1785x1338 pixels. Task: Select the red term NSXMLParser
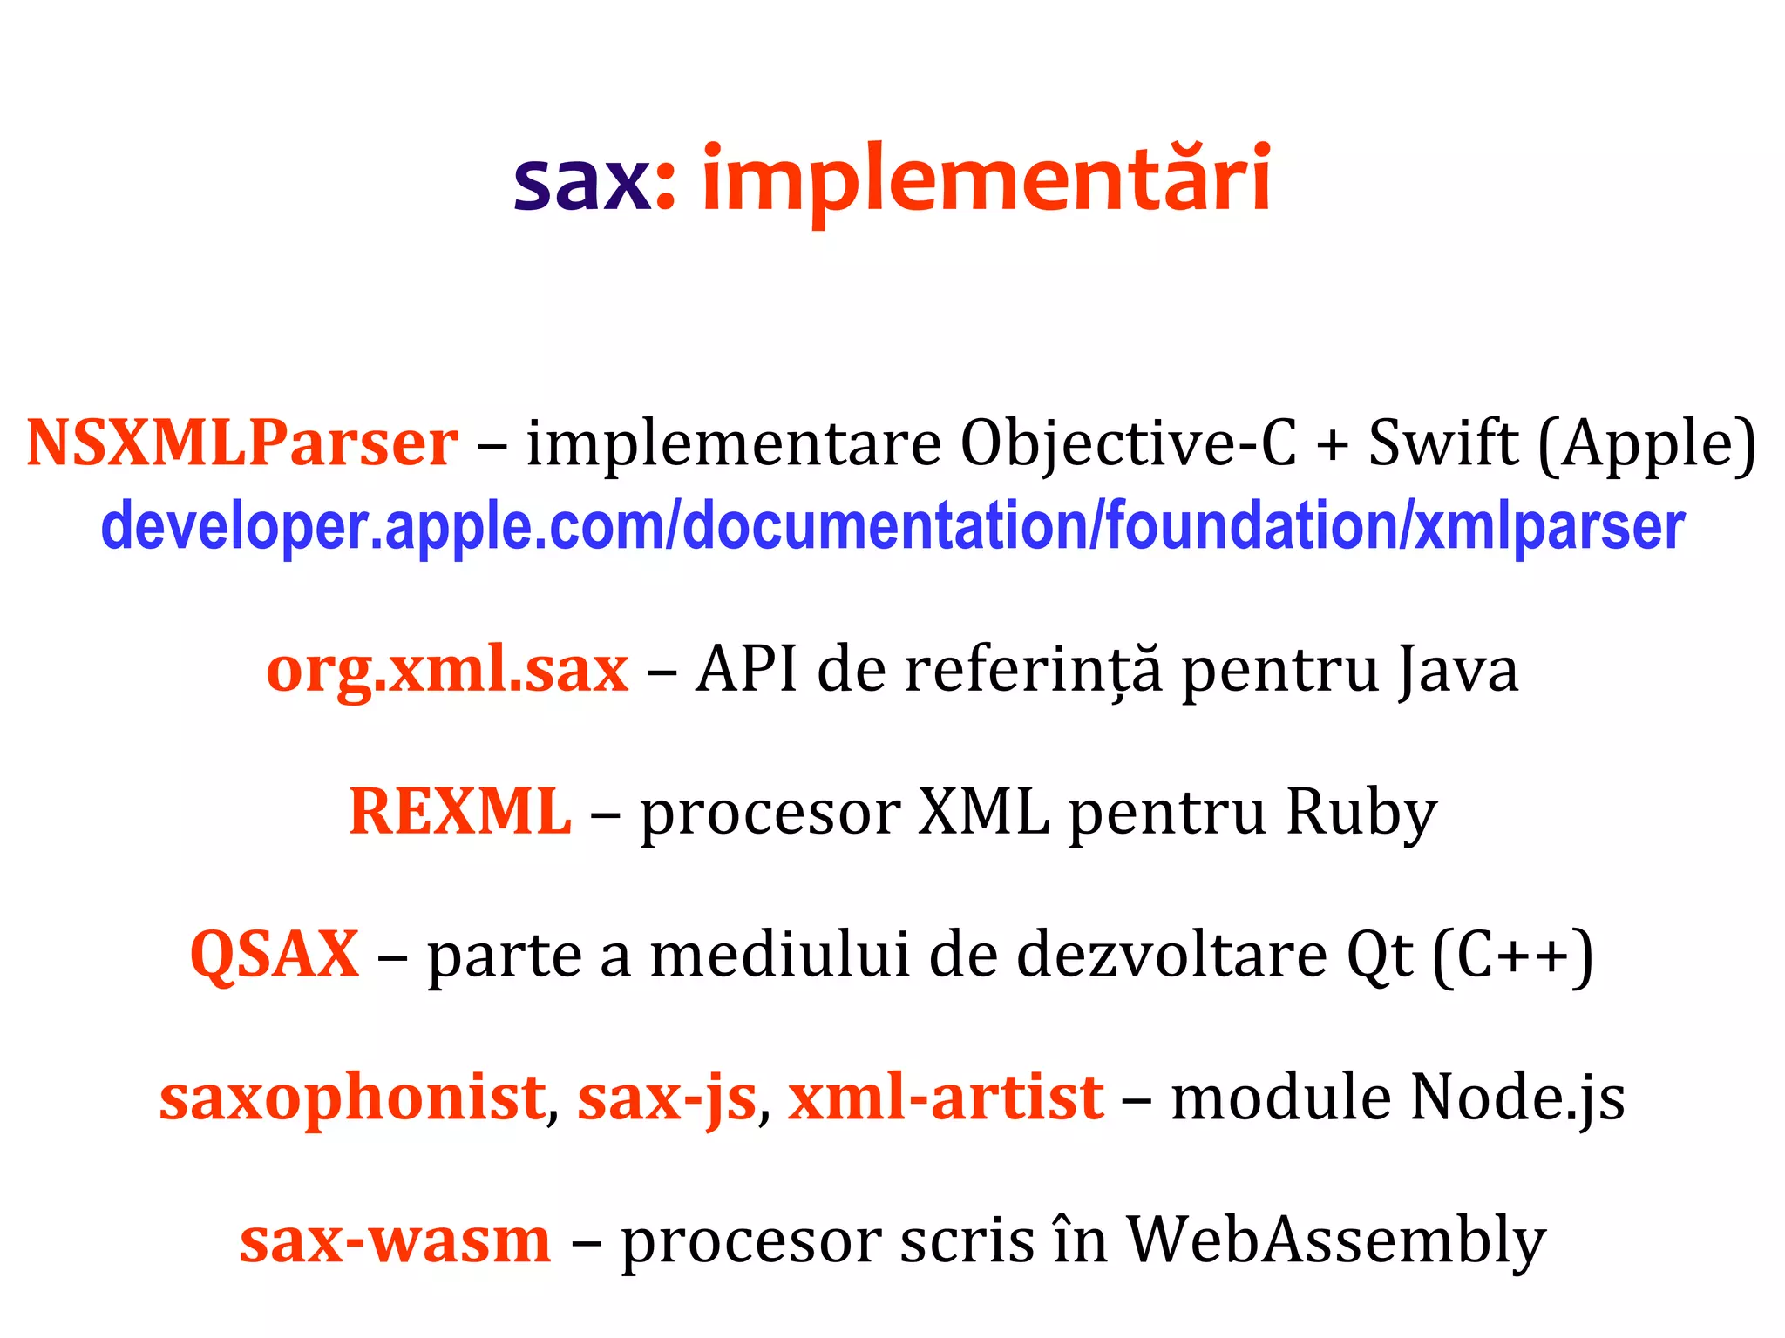point(242,443)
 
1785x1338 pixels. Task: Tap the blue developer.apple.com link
point(892,527)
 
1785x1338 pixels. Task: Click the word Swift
point(1442,443)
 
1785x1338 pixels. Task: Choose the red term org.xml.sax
point(447,670)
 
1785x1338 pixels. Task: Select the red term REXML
point(460,812)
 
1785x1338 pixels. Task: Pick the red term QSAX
point(275,955)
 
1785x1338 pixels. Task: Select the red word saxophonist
point(352,1098)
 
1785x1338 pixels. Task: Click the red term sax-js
point(667,1098)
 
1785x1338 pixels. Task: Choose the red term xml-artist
point(946,1097)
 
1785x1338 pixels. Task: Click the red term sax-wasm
point(396,1240)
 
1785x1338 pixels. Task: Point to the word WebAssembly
point(1336,1240)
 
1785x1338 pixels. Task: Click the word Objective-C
point(1128,443)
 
